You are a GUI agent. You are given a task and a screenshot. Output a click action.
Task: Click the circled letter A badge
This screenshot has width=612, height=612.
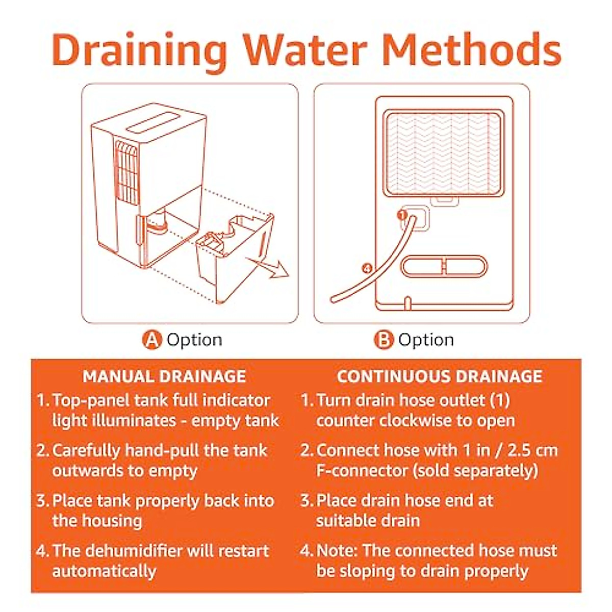(x=151, y=340)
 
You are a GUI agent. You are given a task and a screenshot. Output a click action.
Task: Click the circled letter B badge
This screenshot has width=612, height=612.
(x=384, y=340)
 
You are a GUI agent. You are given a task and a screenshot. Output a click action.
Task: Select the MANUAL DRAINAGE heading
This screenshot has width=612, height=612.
(x=164, y=376)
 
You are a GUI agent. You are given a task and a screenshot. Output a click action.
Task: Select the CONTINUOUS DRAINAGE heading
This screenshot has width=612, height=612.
(x=439, y=376)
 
